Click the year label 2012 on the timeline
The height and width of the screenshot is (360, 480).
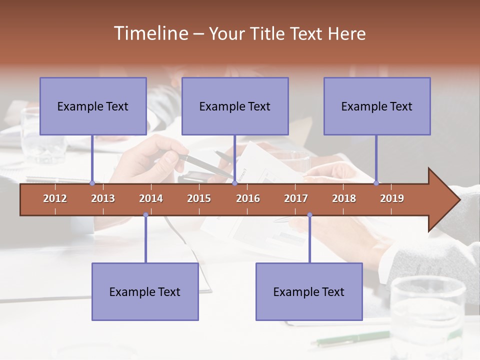click(x=55, y=198)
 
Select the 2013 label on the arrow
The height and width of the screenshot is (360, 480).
click(x=103, y=198)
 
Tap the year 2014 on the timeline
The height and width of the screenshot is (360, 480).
click(x=151, y=198)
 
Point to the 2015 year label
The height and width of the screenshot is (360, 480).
click(x=199, y=198)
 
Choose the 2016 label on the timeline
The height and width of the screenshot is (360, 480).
click(x=248, y=198)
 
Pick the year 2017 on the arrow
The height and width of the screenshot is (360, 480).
click(x=296, y=198)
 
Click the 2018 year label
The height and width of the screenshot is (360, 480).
click(x=344, y=198)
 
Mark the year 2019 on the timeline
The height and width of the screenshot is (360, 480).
click(x=392, y=198)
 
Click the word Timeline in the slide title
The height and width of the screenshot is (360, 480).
click(x=150, y=33)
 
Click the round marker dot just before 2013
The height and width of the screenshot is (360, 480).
click(x=92, y=183)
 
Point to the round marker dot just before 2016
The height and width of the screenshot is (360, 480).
click(x=234, y=183)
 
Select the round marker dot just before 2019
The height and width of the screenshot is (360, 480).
click(x=376, y=183)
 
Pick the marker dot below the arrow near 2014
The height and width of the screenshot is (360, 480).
click(x=145, y=215)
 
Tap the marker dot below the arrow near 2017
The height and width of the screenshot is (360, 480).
click(x=309, y=215)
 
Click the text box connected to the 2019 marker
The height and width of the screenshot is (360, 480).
click(x=377, y=106)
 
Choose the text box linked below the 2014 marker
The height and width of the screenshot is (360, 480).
click(x=145, y=291)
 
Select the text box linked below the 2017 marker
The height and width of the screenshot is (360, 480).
click(x=309, y=291)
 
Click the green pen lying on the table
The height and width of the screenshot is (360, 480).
click(x=350, y=338)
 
